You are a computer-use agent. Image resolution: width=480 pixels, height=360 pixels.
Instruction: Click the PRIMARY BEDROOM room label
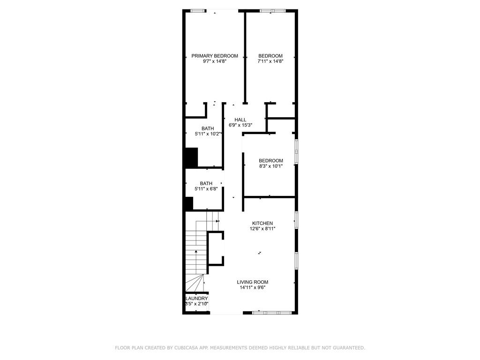214,56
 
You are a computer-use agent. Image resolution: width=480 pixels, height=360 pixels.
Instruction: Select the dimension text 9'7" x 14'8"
214,61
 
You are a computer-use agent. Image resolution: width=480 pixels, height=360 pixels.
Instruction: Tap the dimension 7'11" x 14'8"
270,61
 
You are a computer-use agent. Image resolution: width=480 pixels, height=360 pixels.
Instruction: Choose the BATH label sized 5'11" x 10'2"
208,128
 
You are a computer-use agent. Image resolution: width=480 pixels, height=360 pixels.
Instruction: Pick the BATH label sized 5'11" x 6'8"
206,183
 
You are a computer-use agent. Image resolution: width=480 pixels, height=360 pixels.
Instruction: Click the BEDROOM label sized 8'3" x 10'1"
270,161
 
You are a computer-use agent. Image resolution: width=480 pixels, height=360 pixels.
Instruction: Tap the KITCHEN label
262,223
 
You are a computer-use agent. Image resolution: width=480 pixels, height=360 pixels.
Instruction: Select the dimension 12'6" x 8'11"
262,229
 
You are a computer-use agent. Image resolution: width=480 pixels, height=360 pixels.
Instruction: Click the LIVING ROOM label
252,282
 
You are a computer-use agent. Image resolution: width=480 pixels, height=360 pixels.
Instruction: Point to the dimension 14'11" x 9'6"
252,288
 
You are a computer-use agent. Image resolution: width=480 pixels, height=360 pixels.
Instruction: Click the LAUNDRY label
196,299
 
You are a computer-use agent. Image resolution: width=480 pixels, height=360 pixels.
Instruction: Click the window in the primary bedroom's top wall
197,10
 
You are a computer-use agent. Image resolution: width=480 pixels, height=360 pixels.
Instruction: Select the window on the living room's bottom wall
272,312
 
